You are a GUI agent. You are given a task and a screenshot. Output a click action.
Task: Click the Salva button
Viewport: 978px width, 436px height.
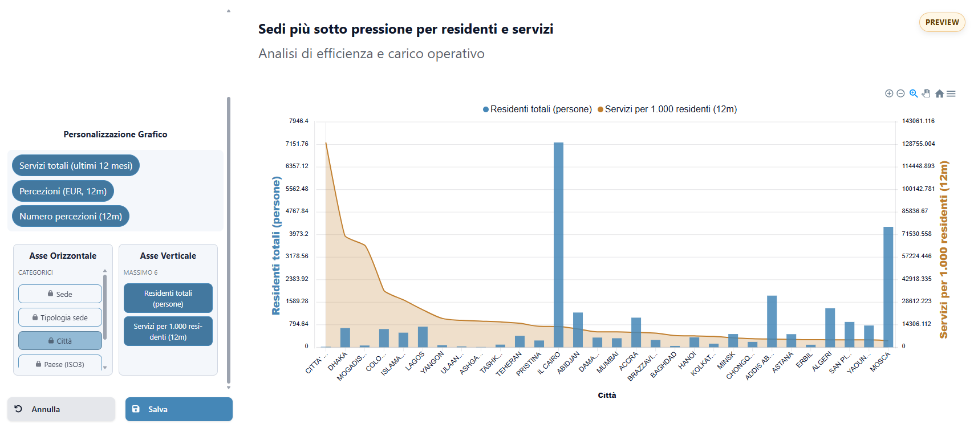tap(178, 409)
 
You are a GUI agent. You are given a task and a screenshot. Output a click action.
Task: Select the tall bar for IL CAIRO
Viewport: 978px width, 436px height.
tap(558, 245)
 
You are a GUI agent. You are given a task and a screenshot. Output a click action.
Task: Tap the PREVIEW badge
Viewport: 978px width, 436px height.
tap(942, 22)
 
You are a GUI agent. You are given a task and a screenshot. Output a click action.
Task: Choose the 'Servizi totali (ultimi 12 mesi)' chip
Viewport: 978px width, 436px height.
tap(76, 165)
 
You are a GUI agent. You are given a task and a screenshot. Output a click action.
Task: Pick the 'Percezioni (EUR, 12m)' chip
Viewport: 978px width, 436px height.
tap(63, 191)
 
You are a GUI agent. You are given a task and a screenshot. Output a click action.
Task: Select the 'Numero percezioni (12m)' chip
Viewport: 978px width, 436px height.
tap(71, 217)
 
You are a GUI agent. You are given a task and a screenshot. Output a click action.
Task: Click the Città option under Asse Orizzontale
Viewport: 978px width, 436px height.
tap(60, 341)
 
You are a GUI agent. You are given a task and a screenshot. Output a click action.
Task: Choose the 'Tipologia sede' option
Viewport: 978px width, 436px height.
tap(60, 317)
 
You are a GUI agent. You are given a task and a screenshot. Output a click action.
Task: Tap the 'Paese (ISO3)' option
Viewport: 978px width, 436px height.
tap(60, 364)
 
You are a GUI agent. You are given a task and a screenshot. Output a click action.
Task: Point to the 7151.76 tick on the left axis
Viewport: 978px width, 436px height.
tap(297, 144)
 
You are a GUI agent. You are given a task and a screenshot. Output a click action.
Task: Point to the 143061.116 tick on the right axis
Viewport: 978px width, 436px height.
tap(918, 121)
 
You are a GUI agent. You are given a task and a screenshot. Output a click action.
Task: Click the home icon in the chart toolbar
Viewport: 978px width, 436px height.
tap(939, 93)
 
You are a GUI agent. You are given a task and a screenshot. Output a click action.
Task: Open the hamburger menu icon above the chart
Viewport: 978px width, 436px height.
tap(951, 93)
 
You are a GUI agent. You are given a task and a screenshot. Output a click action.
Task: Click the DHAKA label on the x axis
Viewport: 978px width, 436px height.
tap(338, 361)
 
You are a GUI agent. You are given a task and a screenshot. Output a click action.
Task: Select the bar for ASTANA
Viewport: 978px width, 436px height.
tap(791, 341)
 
